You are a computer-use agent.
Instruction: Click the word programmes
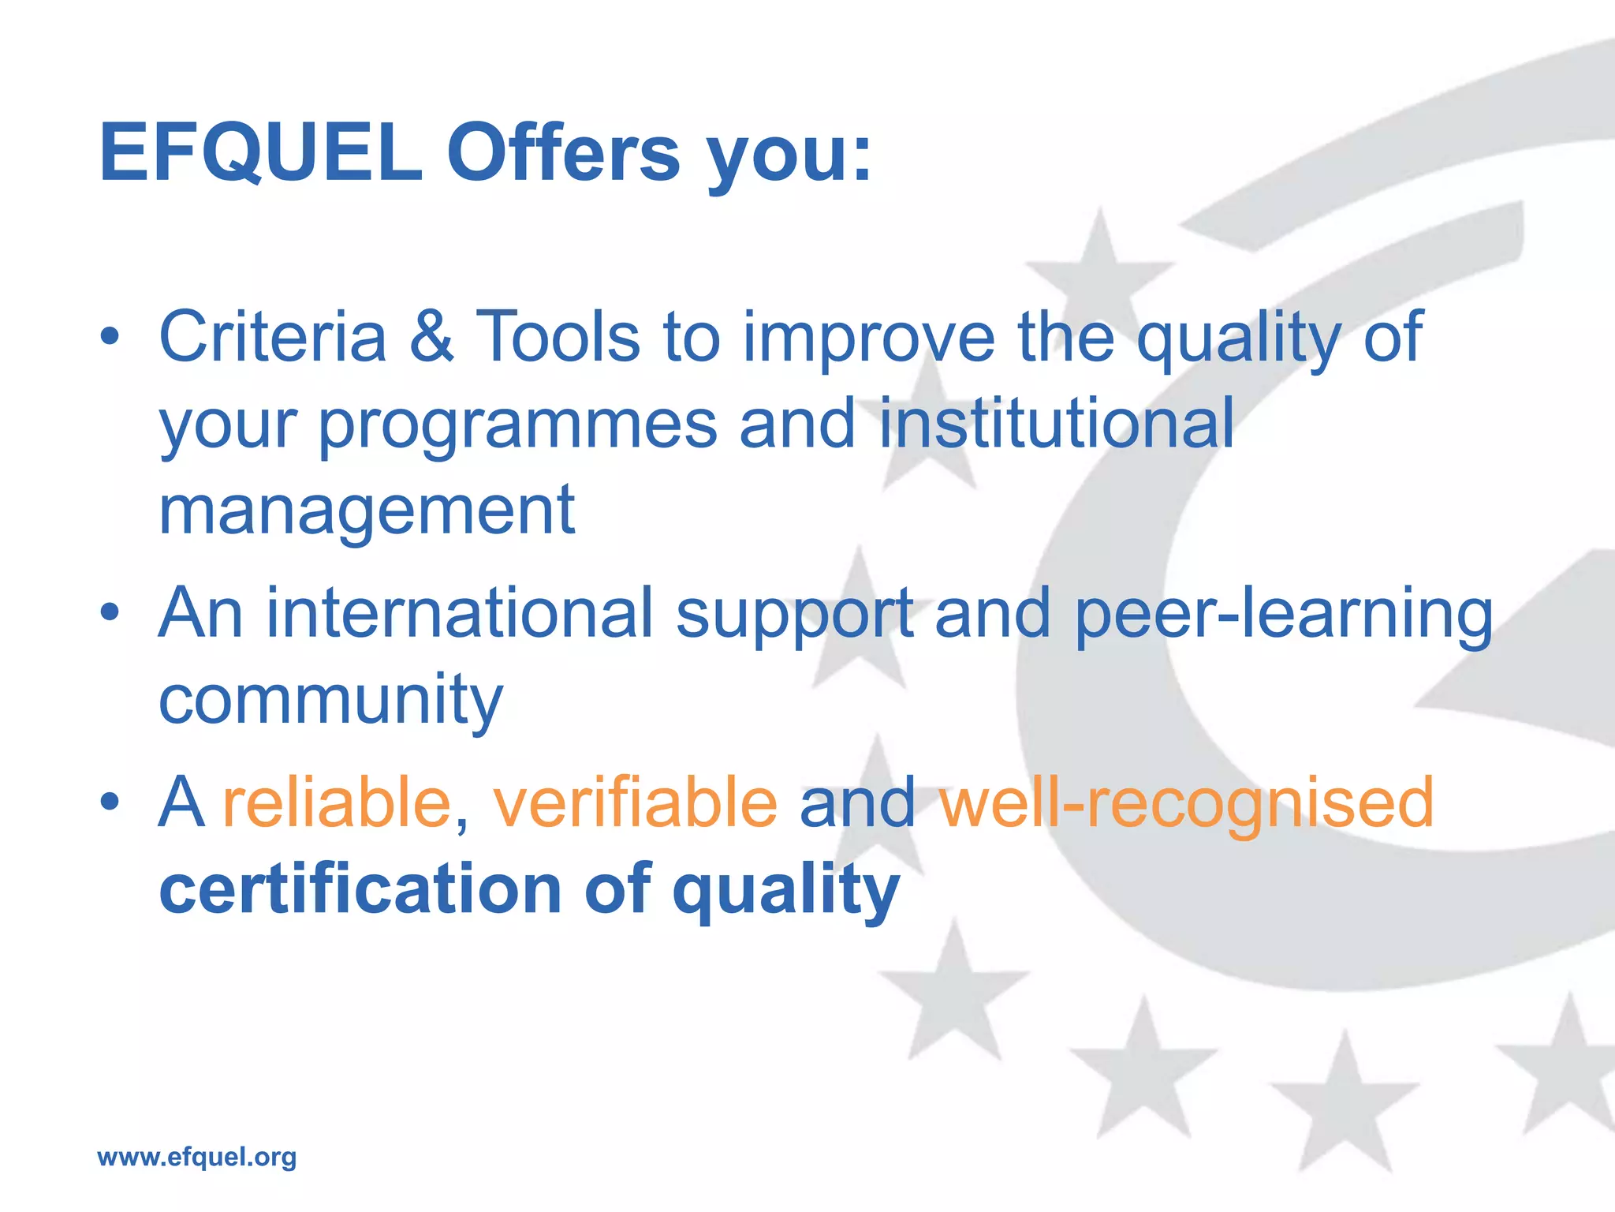click(517, 426)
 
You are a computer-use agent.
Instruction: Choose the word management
click(367, 511)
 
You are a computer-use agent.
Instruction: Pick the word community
click(330, 701)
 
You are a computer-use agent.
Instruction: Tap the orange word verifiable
click(635, 802)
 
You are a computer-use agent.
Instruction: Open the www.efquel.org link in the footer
click(197, 1157)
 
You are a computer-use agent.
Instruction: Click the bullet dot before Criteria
click(110, 338)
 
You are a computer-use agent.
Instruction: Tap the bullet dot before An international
click(110, 612)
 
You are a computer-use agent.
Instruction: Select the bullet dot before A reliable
click(110, 802)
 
